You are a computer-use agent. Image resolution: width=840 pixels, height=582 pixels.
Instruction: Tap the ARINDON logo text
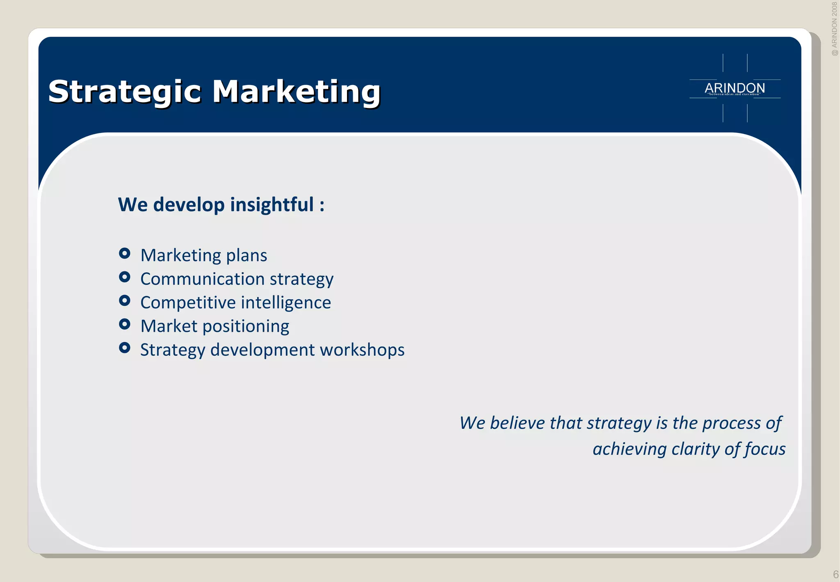click(735, 88)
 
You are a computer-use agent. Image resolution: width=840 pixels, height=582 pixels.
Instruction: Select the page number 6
click(835, 574)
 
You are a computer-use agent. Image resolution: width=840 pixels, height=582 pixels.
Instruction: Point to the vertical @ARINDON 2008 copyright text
click(834, 29)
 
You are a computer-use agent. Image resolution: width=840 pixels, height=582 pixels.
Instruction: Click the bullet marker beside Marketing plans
click(125, 253)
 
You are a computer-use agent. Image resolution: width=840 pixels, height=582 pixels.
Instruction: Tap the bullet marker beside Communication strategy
click(125, 277)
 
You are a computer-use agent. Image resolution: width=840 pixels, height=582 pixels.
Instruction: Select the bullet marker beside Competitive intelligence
click(125, 301)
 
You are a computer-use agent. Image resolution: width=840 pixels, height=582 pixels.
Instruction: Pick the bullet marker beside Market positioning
click(125, 325)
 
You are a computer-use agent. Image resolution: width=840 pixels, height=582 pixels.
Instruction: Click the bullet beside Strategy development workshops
click(125, 348)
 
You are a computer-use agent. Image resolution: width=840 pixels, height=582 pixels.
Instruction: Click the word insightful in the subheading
click(272, 204)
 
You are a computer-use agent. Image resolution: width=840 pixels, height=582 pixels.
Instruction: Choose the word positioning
click(246, 327)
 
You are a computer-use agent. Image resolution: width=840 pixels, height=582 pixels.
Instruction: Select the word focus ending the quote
click(765, 449)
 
